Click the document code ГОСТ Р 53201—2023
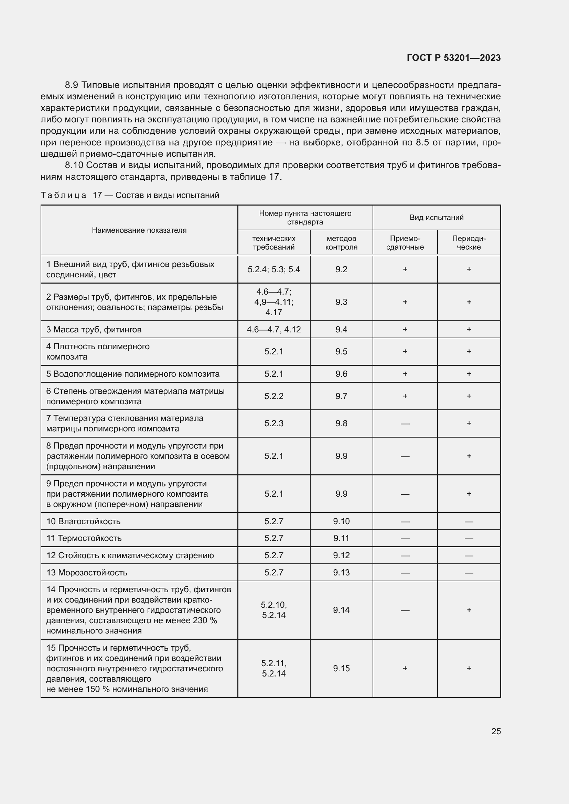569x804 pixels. (x=453, y=58)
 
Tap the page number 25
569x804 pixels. (x=496, y=731)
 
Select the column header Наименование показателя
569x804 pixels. (x=139, y=230)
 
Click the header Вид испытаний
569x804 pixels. (x=436, y=218)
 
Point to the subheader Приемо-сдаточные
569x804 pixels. (x=405, y=243)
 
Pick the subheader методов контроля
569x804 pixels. (x=341, y=243)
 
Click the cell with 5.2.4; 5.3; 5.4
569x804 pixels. (x=273, y=269)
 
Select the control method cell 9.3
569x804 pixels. (x=341, y=302)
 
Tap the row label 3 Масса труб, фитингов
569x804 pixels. (x=94, y=330)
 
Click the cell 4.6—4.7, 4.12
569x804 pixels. (x=273, y=330)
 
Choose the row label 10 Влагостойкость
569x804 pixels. (x=83, y=521)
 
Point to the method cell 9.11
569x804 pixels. (x=341, y=538)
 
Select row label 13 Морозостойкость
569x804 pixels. (x=87, y=573)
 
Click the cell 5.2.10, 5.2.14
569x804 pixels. (x=273, y=610)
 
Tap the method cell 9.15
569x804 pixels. (x=341, y=669)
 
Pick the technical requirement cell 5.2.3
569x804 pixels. (x=273, y=423)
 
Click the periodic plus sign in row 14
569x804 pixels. (x=469, y=610)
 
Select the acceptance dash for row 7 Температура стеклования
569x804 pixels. (x=405, y=424)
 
